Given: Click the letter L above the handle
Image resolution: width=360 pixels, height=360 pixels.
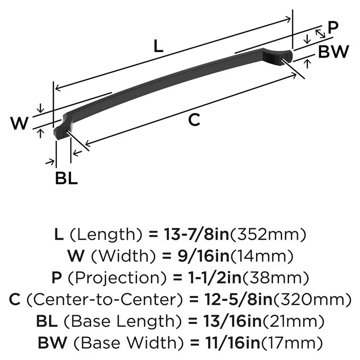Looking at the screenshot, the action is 158,46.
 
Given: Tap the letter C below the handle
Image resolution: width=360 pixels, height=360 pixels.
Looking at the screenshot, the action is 194,120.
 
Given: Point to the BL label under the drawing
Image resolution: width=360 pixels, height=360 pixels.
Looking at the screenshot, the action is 66,178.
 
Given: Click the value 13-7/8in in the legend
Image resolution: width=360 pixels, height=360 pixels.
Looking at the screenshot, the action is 197,234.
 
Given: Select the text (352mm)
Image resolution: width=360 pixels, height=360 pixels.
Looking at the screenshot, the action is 268,235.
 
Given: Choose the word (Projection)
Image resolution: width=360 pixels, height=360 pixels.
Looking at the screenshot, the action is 117,278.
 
